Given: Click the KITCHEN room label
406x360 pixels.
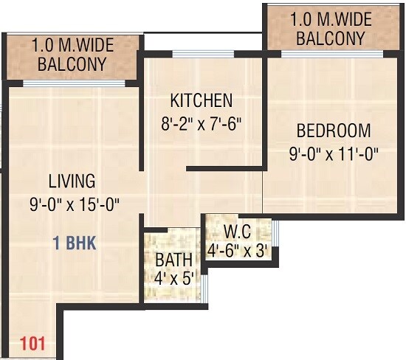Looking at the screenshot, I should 201,100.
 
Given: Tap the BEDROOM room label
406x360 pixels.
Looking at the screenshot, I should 333,131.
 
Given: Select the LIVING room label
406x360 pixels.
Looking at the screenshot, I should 72,181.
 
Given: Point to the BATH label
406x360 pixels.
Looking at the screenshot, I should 174,260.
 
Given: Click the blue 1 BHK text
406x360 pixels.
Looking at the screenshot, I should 74,243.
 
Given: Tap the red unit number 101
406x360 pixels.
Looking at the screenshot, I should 32,342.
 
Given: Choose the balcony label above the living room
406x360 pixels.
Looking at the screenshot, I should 72,55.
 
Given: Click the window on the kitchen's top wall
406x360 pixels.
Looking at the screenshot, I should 202,52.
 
